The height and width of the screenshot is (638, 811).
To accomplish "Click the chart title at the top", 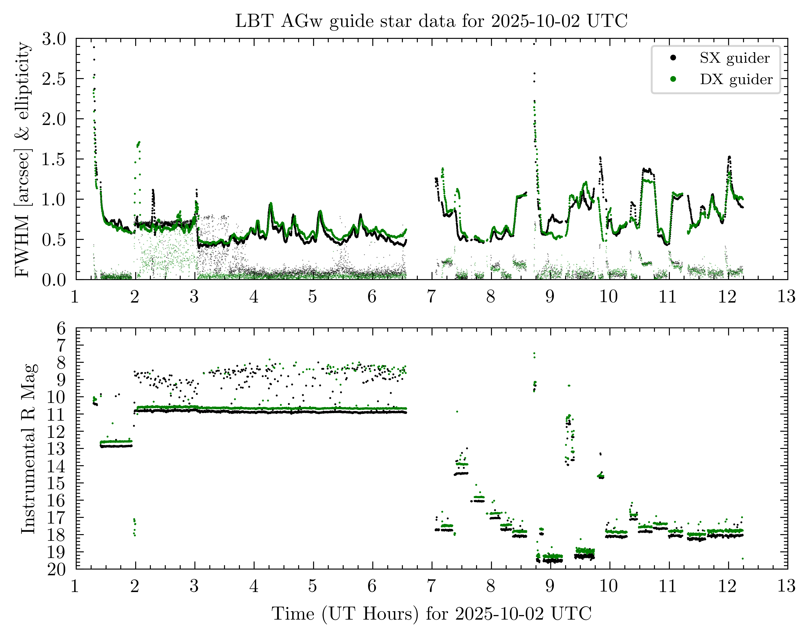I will (431, 21).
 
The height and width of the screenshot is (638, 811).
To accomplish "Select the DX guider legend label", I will (736, 79).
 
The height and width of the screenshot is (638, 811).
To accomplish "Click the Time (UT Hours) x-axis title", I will (431, 613).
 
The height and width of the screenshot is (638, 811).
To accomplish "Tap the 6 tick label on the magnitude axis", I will (61, 329).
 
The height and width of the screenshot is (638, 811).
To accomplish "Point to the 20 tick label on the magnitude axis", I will (57, 569).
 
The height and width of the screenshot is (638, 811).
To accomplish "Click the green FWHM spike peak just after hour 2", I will (139, 142).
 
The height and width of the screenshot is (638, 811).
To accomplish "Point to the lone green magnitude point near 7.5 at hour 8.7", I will (534, 353).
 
